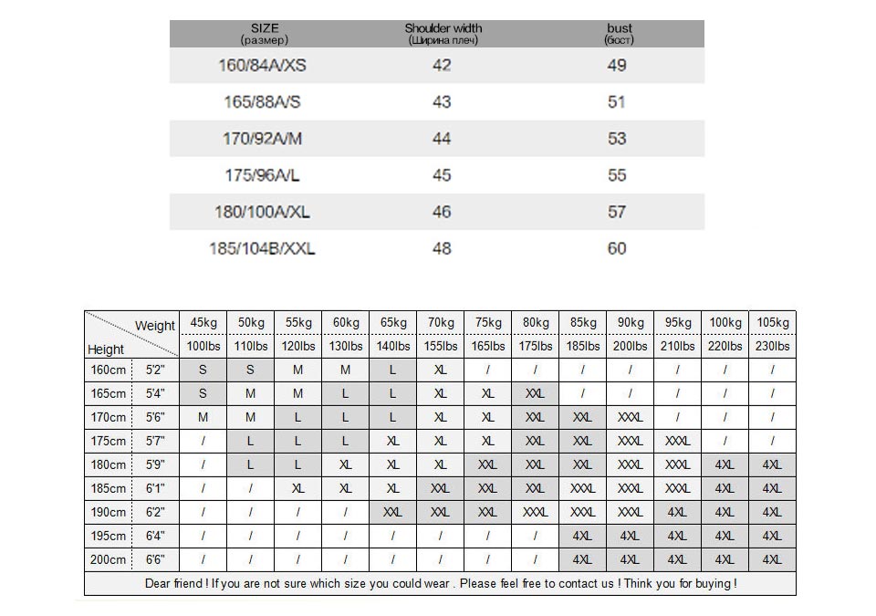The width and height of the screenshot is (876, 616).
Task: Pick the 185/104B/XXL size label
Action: tap(262, 248)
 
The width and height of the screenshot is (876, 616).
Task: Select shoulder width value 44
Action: tap(442, 139)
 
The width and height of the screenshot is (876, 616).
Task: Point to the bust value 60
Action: tap(617, 248)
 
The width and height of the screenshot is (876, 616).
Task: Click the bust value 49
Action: tap(617, 66)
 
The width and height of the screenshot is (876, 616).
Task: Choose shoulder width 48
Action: tap(442, 248)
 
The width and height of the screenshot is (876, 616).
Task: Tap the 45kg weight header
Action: tap(203, 323)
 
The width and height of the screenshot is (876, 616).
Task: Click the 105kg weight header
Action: tap(772, 323)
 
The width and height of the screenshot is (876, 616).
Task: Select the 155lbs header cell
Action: tap(441, 347)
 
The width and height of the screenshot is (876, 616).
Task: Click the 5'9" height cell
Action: tap(155, 465)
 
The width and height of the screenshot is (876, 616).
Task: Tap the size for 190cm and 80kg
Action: tap(536, 513)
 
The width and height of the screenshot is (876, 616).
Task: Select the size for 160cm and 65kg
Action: tap(393, 371)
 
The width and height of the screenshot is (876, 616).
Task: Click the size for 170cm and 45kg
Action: tap(203, 418)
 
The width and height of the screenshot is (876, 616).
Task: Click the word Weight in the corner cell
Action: tap(155, 326)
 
